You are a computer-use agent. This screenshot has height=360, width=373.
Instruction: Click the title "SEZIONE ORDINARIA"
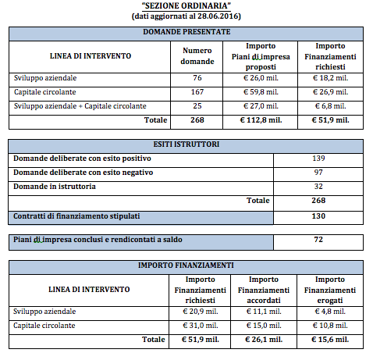tap(186, 5)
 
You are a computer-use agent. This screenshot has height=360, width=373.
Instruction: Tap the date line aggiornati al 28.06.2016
tap(186, 16)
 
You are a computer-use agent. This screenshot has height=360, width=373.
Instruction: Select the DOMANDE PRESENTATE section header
tap(186, 32)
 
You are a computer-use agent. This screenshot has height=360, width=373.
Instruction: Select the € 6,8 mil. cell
tap(330, 105)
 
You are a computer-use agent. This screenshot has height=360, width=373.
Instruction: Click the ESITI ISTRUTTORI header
tap(186, 144)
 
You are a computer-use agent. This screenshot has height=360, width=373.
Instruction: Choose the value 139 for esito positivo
tap(318, 159)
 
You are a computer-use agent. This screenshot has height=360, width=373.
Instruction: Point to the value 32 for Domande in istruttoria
tap(318, 186)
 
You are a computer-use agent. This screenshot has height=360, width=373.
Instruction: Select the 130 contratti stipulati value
tap(318, 216)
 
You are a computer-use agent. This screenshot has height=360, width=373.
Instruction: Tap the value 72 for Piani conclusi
tap(318, 239)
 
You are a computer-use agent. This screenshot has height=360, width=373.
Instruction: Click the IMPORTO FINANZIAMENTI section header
tap(186, 266)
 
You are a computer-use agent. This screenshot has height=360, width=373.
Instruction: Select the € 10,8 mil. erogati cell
tap(330, 325)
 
